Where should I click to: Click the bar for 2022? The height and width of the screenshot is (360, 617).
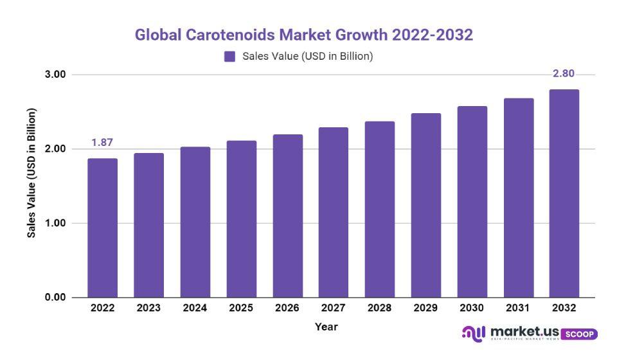[x=102, y=228]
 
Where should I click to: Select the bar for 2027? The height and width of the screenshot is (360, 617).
[x=334, y=212]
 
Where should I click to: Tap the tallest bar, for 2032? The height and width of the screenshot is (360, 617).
[x=564, y=193]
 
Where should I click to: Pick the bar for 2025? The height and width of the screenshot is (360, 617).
[x=241, y=219]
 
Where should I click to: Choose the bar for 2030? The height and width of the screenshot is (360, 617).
[x=472, y=202]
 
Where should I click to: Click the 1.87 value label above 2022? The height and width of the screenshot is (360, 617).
[x=102, y=143]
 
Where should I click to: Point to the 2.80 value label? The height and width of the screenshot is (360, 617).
[x=564, y=74]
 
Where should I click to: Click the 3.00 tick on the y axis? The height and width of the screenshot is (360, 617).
[x=57, y=75]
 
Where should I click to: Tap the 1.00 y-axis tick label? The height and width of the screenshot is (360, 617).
[x=57, y=223]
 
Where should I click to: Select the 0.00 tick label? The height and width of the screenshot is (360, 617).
[x=57, y=298]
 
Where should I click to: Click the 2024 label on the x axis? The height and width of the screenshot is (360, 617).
[x=195, y=308]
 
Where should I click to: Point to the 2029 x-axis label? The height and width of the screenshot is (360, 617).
[x=425, y=308]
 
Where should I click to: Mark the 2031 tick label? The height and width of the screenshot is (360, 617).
[x=518, y=308]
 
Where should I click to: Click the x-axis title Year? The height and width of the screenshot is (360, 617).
[x=326, y=327]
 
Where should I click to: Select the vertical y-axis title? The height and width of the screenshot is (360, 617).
[x=31, y=172]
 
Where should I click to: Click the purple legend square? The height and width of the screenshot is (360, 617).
[x=229, y=57]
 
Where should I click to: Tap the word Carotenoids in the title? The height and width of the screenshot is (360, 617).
[x=229, y=35]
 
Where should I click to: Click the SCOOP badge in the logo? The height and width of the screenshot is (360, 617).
[x=580, y=334]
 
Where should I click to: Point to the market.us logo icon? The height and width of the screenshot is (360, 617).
[x=474, y=333]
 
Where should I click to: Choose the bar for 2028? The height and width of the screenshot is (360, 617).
[x=379, y=209]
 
